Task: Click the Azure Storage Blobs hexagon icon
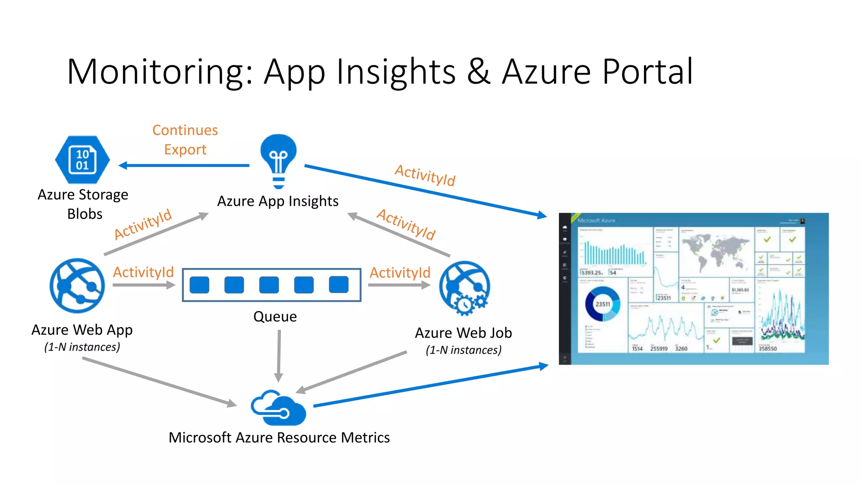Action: [x=82, y=160]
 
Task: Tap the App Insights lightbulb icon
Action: [x=278, y=160]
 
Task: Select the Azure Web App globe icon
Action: [x=77, y=285]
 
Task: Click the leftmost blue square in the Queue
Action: [x=200, y=285]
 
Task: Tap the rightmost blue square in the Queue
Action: [x=338, y=285]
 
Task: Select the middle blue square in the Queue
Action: [x=269, y=285]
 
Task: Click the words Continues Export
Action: [x=185, y=140]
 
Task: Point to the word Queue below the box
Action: [x=275, y=317]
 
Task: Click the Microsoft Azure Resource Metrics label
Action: [x=279, y=438]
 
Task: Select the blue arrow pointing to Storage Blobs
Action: [x=185, y=165]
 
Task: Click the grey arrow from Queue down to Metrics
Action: [x=279, y=356]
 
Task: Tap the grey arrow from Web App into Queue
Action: [x=144, y=285]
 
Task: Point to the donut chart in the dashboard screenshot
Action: [x=603, y=304]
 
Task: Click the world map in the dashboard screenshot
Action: [x=716, y=251]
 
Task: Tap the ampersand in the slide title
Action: [x=479, y=72]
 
